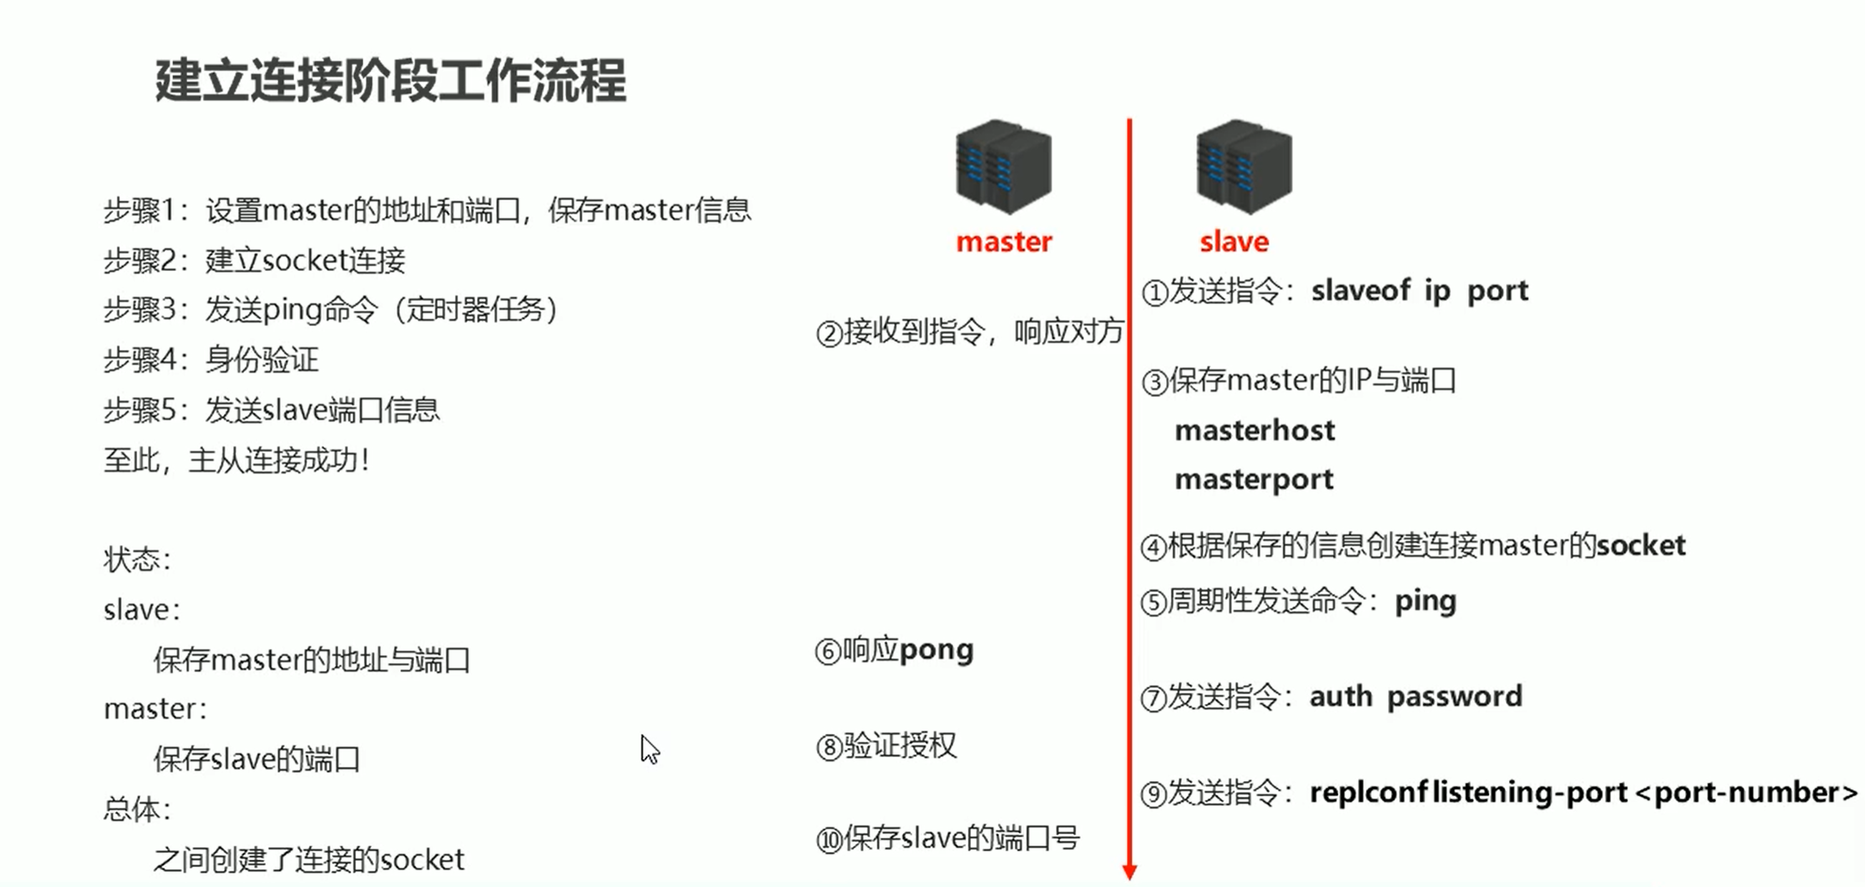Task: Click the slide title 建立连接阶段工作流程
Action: (390, 80)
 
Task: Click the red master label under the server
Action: (1003, 242)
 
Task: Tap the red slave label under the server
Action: (1234, 242)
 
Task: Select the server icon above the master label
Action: (1003, 167)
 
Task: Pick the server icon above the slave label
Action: (1244, 167)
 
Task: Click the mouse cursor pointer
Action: (649, 750)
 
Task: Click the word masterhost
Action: (1255, 431)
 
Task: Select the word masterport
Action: (1254, 480)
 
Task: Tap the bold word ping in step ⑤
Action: (1425, 602)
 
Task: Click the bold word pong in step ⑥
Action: (936, 650)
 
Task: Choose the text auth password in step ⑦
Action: (1416, 697)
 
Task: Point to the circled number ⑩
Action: (830, 840)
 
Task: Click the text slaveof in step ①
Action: (1360, 290)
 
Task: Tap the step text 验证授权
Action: (900, 746)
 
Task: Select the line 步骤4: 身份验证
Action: (211, 360)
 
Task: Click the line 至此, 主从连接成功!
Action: (237, 460)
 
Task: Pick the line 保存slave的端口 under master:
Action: (256, 759)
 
